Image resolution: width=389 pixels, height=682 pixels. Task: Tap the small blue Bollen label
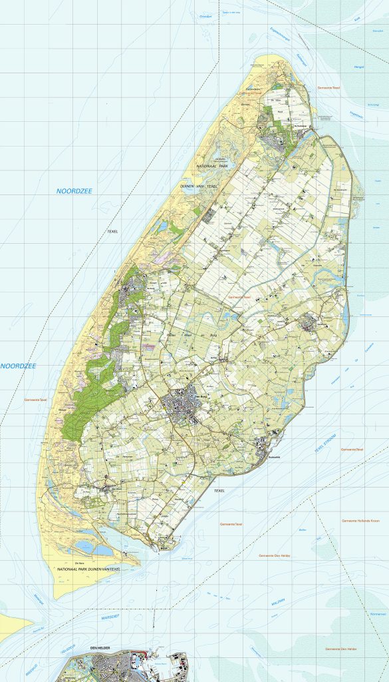[x=303, y=530]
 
